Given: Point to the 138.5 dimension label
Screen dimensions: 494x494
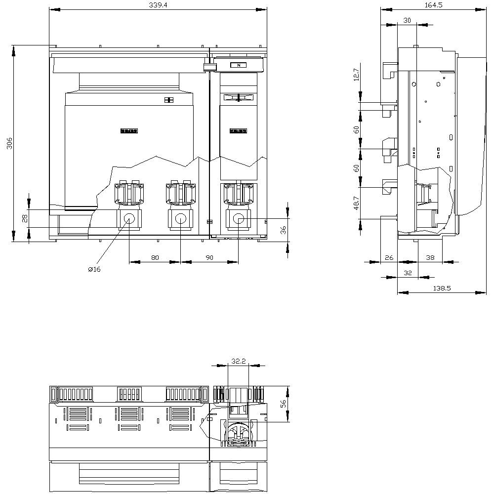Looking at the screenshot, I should [442, 288].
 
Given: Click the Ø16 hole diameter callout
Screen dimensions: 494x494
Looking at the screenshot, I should [94, 269].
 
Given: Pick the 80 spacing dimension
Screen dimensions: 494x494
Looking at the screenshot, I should [155, 257].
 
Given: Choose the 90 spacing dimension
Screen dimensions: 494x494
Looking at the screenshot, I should [209, 257].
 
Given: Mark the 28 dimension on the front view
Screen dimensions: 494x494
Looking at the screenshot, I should [25, 218].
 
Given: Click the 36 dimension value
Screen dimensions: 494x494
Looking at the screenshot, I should [283, 231].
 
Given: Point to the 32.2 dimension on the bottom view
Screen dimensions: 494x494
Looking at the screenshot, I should [238, 361].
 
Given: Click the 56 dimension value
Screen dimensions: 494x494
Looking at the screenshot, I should [283, 404].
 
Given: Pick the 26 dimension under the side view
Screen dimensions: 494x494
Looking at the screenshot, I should [389, 257].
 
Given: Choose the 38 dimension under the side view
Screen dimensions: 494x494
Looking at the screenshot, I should [430, 257].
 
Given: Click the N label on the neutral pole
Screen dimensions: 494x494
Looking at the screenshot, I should [239, 65].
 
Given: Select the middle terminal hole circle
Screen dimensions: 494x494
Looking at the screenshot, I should [181, 218].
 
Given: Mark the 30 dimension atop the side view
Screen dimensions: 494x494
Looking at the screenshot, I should [407, 20].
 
